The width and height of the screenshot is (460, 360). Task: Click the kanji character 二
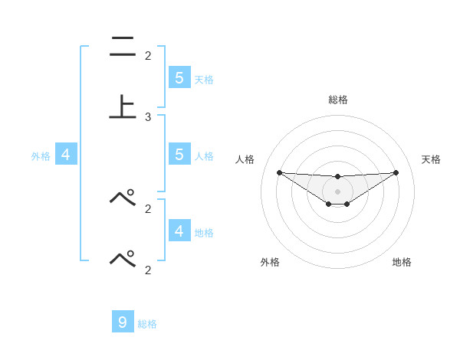122,47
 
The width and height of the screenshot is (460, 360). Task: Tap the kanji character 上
122,108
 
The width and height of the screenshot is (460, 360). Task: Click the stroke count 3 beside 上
148,117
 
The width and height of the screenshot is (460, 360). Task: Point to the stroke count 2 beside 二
148,55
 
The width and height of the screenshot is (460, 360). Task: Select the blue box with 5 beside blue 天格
179,77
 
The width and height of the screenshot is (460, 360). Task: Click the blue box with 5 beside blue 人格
179,155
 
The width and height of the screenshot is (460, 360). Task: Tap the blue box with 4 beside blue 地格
179,231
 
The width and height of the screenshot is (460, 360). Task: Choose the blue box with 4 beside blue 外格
66,155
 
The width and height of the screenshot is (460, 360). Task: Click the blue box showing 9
123,322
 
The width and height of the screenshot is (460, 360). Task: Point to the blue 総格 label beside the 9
147,324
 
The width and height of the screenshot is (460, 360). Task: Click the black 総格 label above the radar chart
338,100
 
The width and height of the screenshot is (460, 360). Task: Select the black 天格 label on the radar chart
432,159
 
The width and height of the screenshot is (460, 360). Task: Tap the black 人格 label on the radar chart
245,159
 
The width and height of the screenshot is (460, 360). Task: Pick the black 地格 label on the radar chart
402,262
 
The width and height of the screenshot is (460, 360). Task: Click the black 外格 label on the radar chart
270,262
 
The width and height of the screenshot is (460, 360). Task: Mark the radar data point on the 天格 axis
396,172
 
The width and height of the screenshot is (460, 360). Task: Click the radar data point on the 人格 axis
279,172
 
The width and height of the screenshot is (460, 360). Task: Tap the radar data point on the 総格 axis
337,177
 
